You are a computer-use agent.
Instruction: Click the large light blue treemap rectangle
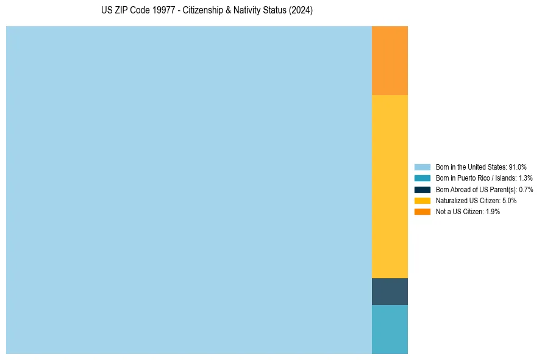(x=189, y=190)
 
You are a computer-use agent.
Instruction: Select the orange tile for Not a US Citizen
(x=390, y=60)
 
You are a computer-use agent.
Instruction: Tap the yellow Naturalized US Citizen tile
(x=390, y=187)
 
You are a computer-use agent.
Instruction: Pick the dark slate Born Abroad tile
(x=390, y=292)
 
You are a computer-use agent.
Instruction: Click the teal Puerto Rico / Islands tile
(x=390, y=329)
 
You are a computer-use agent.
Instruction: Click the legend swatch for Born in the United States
(x=423, y=167)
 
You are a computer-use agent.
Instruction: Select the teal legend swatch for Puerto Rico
(x=423, y=178)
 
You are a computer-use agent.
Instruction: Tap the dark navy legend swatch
(x=423, y=189)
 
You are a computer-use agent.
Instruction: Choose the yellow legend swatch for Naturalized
(x=423, y=200)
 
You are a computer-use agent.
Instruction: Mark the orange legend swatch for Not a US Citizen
(x=423, y=211)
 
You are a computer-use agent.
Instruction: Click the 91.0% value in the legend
(x=518, y=167)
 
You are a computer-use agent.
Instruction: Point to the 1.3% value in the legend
(x=526, y=178)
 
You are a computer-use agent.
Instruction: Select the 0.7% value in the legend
(x=526, y=189)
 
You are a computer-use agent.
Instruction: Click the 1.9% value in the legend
(x=493, y=211)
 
